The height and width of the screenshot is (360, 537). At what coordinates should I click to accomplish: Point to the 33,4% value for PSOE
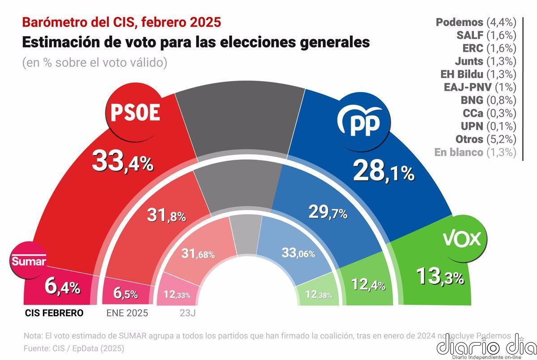click(x=123, y=161)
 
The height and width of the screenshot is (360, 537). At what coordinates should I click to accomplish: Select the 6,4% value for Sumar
click(x=62, y=287)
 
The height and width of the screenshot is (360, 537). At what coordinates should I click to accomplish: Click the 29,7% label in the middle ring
click(x=328, y=212)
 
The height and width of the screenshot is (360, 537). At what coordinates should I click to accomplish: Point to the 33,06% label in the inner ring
click(x=298, y=253)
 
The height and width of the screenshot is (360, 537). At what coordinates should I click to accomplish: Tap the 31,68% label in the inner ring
click(x=198, y=254)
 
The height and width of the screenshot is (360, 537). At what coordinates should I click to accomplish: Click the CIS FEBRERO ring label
click(x=53, y=313)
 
